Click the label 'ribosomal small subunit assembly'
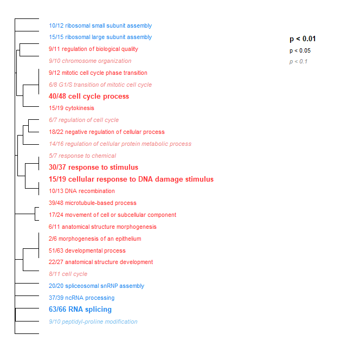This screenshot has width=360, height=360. [x=100, y=25]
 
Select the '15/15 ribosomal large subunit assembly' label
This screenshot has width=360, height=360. [x=100, y=37]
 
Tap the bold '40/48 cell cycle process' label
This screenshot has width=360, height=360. [x=89, y=97]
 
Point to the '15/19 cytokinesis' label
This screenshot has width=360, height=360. [x=71, y=108]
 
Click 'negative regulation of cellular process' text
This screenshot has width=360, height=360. [x=107, y=132]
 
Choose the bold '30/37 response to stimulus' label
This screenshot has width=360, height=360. [x=93, y=168]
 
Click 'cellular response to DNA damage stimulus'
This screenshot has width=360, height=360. [x=131, y=179]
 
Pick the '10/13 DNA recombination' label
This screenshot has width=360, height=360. [x=81, y=191]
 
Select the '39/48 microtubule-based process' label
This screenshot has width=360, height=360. [x=92, y=203]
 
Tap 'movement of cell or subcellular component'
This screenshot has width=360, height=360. [x=112, y=215]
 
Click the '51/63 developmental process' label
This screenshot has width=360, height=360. [x=87, y=251]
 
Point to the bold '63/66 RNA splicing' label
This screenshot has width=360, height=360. [x=80, y=310]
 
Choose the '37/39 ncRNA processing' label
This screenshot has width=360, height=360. [x=81, y=298]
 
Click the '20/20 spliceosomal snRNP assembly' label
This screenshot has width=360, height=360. [x=96, y=286]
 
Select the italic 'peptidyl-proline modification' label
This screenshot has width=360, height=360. [x=93, y=322]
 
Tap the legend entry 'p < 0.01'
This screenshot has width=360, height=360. [x=303, y=39]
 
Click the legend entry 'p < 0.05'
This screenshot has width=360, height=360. [x=300, y=51]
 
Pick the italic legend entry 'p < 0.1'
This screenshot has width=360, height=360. [x=298, y=62]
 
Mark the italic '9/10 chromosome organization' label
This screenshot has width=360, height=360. [x=89, y=61]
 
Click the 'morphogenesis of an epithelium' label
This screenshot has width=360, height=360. [x=94, y=239]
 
